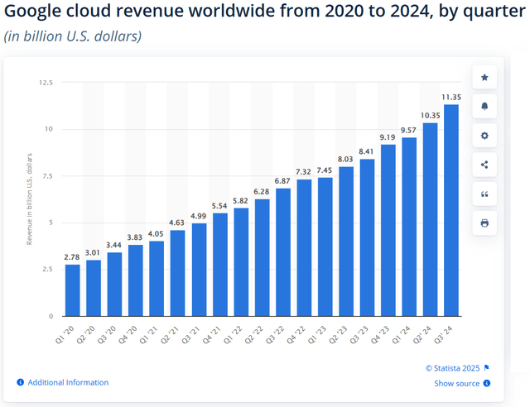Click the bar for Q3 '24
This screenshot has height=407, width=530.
(451, 210)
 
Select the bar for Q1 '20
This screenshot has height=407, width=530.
(73, 290)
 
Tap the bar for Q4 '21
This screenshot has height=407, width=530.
(220, 265)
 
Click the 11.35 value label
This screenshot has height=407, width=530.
(451, 98)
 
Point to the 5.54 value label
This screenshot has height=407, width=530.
(220, 206)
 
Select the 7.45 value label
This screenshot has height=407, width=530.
(325, 170)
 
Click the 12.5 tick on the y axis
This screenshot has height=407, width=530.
(46, 83)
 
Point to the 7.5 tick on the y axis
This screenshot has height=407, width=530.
(48, 176)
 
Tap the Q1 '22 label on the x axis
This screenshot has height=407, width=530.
(238, 336)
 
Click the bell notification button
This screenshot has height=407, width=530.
(484, 107)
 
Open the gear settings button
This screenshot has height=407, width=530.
(484, 136)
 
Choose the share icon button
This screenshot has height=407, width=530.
(484, 165)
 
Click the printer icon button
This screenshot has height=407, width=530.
(484, 223)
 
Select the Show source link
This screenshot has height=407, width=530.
(456, 383)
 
